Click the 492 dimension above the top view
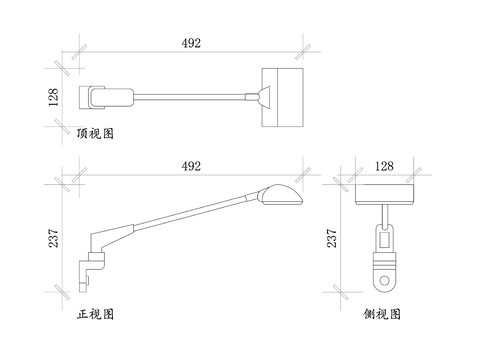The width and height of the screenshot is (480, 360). coord(191,43)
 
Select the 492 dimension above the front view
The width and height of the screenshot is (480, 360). coord(191,166)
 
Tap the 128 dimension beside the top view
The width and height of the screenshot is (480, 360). coord(53,97)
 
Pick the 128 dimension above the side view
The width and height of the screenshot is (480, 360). coord(384,166)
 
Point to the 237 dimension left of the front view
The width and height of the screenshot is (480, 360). coord(53,238)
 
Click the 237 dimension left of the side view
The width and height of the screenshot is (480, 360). coord(332,238)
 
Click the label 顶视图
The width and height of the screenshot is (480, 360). coord(95,133)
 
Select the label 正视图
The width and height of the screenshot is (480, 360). coord(95,314)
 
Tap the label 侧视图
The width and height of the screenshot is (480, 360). coord(382,314)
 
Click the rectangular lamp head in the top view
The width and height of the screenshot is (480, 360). coord(282,97)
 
